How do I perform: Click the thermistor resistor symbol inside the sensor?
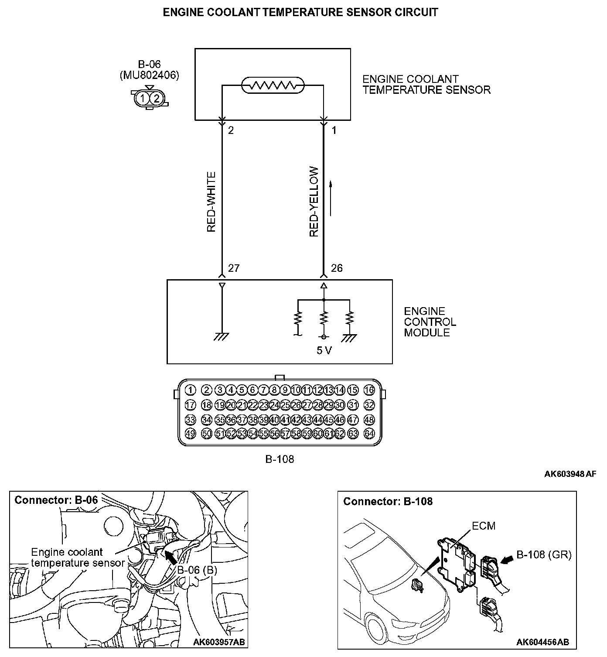point(273,86)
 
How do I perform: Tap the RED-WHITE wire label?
point(211,202)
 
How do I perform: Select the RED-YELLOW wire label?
point(314,202)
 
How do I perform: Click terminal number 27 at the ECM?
point(234,268)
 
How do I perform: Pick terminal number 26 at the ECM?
point(337,268)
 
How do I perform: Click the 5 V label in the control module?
point(324,350)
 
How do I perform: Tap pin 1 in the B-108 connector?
point(190,390)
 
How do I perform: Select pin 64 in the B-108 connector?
point(369,434)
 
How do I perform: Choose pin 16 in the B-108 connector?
point(369,390)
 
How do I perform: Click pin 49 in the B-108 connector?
point(190,434)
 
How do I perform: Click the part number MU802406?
point(149,75)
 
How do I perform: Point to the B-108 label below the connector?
point(280,459)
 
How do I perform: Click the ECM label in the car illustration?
point(484,526)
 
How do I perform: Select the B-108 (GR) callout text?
point(544,554)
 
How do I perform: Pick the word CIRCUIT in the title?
point(416,12)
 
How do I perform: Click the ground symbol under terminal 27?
point(222,336)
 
